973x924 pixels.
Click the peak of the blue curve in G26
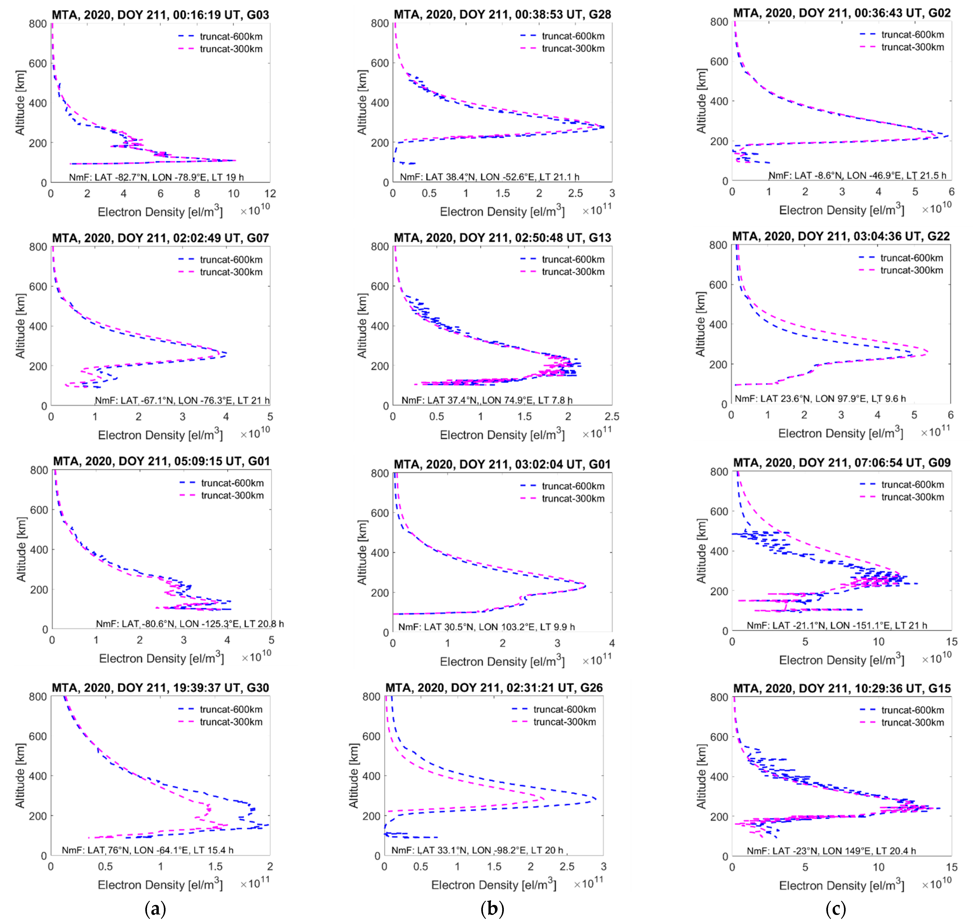[597, 799]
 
